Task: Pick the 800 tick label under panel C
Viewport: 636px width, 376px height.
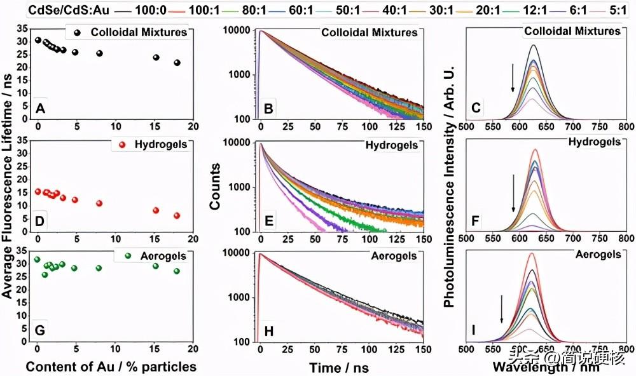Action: pyautogui.click(x=626, y=126)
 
